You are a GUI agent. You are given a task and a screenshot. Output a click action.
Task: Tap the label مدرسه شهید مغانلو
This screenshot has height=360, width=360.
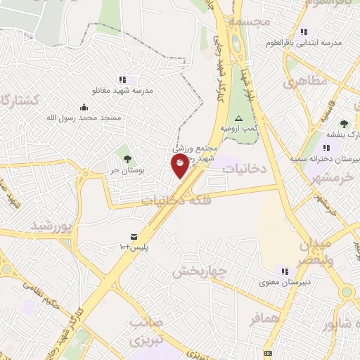coord(122,91)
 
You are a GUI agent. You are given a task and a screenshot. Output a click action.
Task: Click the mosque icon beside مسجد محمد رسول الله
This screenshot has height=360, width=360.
coord(84,107)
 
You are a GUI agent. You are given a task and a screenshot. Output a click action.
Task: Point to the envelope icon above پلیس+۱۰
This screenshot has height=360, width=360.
coord(133,236)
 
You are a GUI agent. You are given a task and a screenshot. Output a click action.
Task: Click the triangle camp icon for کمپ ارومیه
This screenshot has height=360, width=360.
coord(238,118)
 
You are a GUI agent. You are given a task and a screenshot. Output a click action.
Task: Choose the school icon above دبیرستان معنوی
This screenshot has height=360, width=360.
coord(285,271)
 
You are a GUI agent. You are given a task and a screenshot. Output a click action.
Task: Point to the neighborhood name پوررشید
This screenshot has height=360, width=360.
coord(51,226)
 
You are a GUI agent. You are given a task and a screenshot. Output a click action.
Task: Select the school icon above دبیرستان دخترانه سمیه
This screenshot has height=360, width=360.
coord(326,148)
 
